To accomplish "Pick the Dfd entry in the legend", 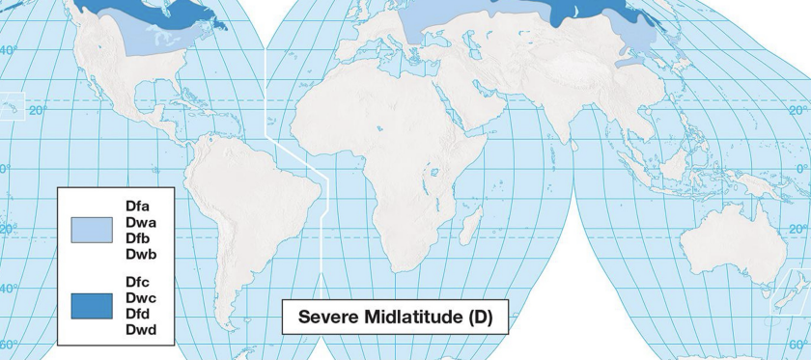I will click(x=137, y=315).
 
